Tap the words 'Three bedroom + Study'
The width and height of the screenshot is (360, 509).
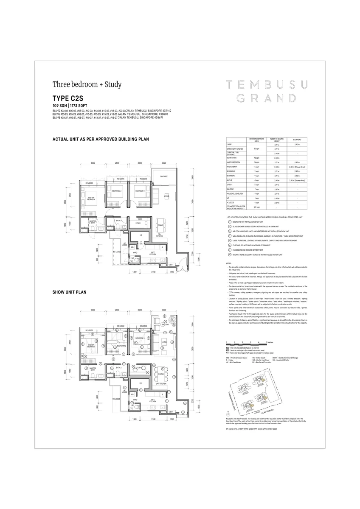pyautogui.click(x=87, y=84)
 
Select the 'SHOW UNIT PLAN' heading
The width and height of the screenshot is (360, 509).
pyautogui.click(x=69, y=292)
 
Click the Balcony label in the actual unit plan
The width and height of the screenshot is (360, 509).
pyautogui.click(x=164, y=176)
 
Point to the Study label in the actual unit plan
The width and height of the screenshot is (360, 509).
pyautogui.click(x=138, y=223)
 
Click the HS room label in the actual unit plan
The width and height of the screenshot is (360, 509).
pyautogui.click(x=141, y=235)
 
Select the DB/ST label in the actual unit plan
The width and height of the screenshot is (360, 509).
pyautogui.click(x=171, y=264)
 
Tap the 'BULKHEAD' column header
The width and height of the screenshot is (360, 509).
pyautogui.click(x=296, y=139)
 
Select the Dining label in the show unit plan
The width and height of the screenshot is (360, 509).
pyautogui.click(x=160, y=374)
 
